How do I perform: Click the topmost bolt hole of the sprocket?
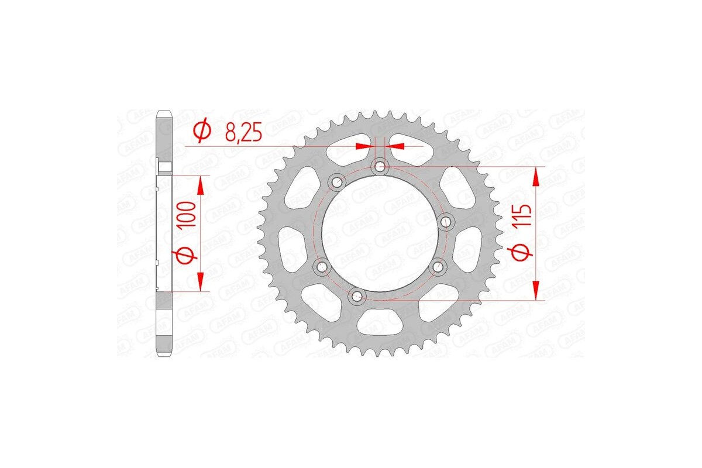click(x=381, y=166)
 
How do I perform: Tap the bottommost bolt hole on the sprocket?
click(x=356, y=297)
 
